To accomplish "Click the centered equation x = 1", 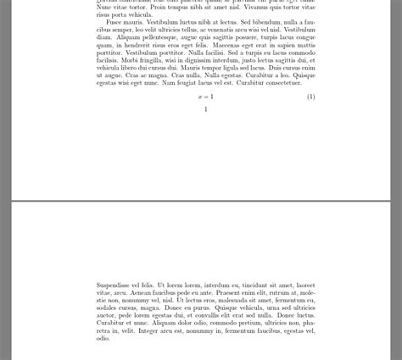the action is (206, 97).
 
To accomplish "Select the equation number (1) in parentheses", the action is (310, 97).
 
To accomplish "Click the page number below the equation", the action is (206, 109).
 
